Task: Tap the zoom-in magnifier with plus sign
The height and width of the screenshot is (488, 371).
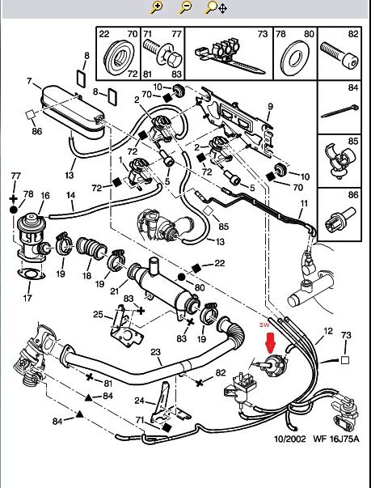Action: tap(157, 7)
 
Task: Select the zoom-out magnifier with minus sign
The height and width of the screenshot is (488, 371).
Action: tap(185, 7)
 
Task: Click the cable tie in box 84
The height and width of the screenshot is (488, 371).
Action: tap(339, 111)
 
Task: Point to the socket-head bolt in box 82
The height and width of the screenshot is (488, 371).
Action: tap(339, 56)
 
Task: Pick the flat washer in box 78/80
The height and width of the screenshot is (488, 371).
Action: tap(295, 58)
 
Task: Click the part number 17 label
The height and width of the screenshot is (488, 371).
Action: tap(27, 298)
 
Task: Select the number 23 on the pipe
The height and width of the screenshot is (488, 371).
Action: tap(156, 352)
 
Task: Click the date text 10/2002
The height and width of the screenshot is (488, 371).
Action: tap(289, 439)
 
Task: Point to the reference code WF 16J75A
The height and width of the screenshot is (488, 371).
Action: tap(336, 439)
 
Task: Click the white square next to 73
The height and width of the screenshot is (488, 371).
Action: tap(345, 360)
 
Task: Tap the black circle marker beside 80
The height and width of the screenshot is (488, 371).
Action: tap(182, 277)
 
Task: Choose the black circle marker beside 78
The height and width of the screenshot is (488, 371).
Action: tap(14, 210)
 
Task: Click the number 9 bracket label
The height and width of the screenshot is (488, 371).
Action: tap(270, 107)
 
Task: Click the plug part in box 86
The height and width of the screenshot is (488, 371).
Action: tap(339, 219)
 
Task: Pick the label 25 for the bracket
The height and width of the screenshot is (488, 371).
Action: tap(98, 314)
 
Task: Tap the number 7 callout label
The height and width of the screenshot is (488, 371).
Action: tap(29, 81)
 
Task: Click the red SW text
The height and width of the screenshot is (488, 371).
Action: tap(265, 325)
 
